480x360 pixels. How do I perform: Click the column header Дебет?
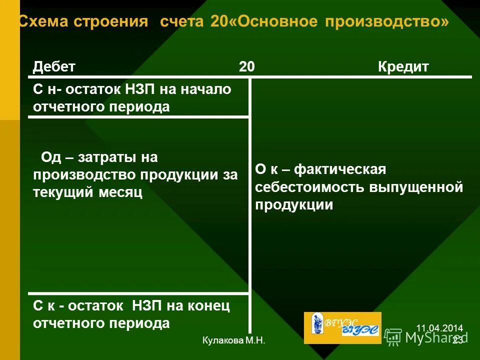[54, 67]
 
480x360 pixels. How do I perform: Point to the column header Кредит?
[403, 67]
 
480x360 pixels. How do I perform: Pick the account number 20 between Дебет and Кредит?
[246, 67]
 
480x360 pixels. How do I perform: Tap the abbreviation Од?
[50, 157]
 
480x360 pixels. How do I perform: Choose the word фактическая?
[339, 170]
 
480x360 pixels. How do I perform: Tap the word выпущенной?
[416, 187]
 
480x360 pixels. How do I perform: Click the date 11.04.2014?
[439, 328]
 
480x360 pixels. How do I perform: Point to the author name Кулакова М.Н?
[233, 340]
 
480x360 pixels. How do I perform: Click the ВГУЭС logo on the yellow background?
[342, 327]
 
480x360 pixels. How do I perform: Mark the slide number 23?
[457, 340]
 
